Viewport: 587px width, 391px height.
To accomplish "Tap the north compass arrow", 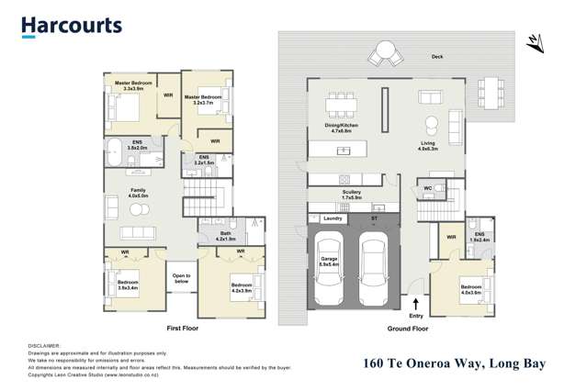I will [x=534, y=42].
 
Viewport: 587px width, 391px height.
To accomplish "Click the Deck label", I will [x=437, y=57].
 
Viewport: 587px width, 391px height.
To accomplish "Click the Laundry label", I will [x=333, y=218].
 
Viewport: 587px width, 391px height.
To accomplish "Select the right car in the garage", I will [x=375, y=269].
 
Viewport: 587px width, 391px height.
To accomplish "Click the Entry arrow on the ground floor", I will [x=416, y=303].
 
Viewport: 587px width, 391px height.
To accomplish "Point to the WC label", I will [x=428, y=188].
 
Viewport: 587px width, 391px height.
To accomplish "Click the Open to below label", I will [x=181, y=278].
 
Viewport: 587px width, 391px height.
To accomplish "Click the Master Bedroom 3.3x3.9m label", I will [x=133, y=85].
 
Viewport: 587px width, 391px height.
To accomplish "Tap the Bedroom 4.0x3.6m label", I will [x=470, y=290].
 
